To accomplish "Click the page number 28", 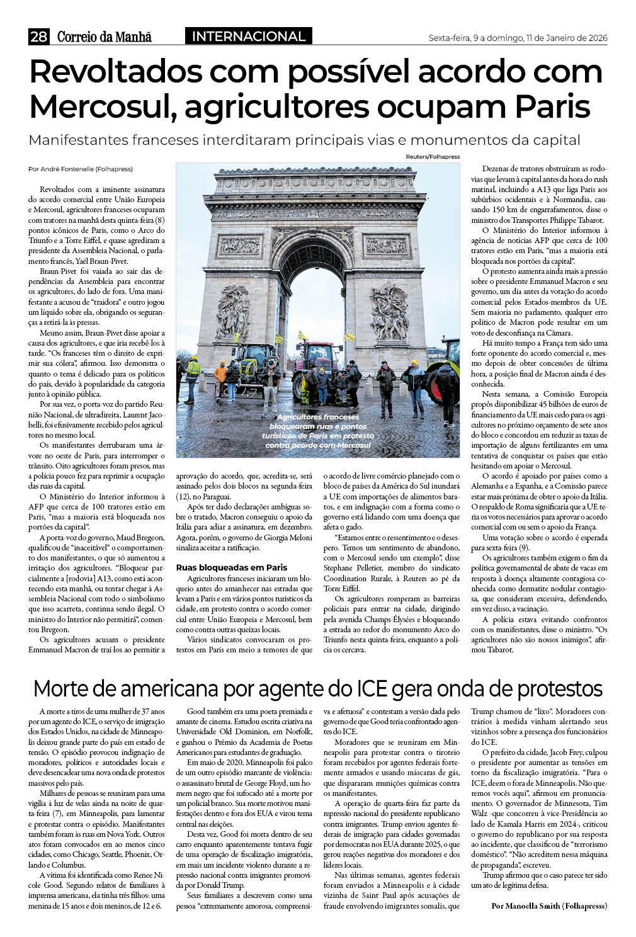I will pos(38,37).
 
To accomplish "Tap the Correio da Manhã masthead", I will pos(105,37).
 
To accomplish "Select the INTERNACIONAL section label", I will pos(248,37).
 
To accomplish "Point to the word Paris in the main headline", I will pos(552,107).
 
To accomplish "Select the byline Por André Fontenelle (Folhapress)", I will pos(81,169).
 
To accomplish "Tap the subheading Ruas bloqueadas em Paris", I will pos(231,567).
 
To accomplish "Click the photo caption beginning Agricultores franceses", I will pos(318,431).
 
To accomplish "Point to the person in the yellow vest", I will pos(193,374).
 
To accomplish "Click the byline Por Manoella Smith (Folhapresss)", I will pos(548,906).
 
